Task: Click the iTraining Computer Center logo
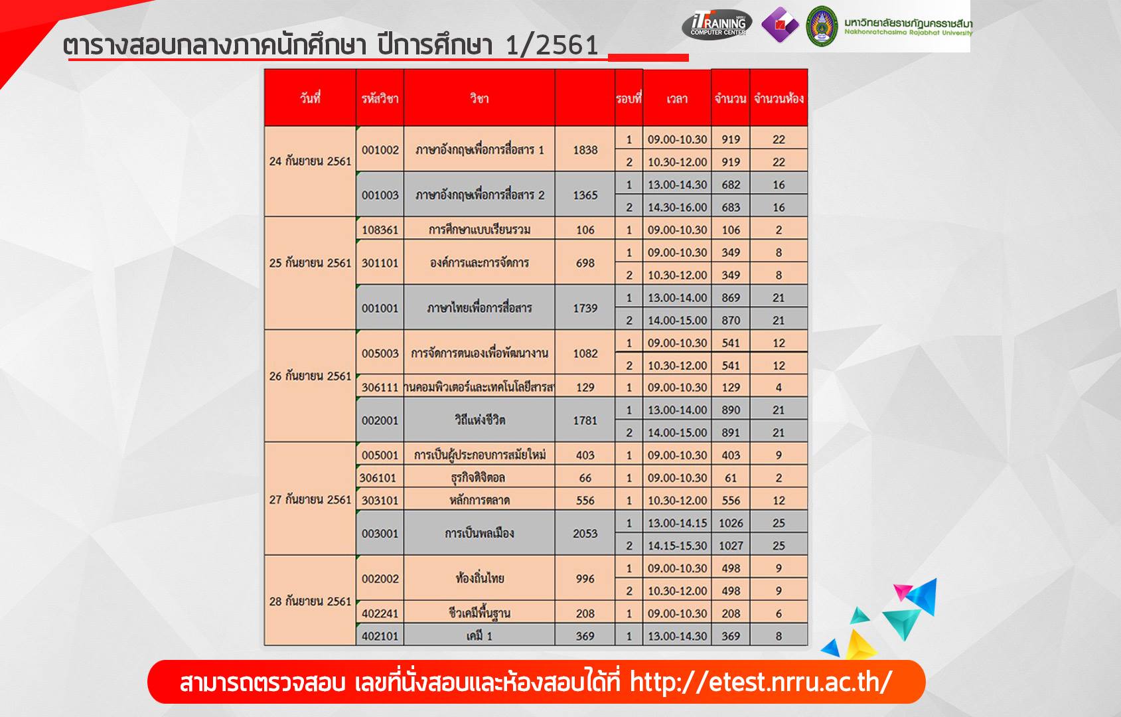coord(717,24)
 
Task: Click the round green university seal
coord(822,26)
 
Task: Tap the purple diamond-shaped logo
coord(780,25)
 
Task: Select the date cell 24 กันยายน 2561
coord(310,161)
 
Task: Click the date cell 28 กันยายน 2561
coord(310,601)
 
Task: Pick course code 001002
coord(380,150)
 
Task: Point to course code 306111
coord(380,387)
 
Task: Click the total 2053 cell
coord(585,533)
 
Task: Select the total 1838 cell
coord(585,150)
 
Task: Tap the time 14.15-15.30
coord(677,545)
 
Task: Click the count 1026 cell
coord(731,522)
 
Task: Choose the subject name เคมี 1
coord(479,636)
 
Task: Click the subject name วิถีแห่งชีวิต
coord(479,420)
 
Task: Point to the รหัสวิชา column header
coord(380,98)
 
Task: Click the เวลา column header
coord(677,99)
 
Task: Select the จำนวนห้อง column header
coord(779,98)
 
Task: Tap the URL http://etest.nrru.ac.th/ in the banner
coord(761,681)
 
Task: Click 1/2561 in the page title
coord(552,45)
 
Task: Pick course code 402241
coord(380,613)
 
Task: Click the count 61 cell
coord(731,477)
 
